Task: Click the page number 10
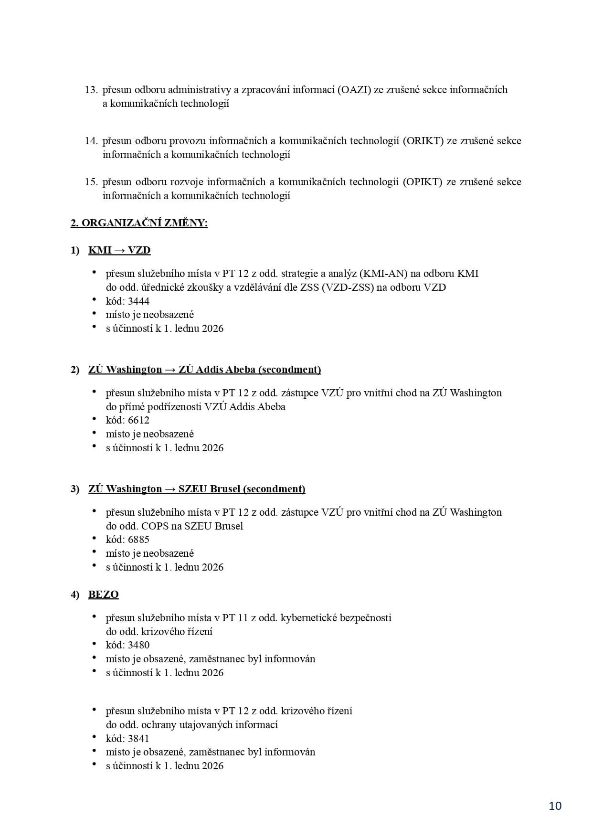pyautogui.click(x=555, y=806)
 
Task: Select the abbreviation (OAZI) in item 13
pyautogui.click(x=354, y=90)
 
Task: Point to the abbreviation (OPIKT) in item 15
pyautogui.click(x=423, y=182)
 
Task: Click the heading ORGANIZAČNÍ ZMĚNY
pyautogui.click(x=145, y=223)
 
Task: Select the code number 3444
pyautogui.click(x=138, y=301)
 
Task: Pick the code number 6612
pyautogui.click(x=138, y=420)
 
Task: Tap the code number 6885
pyautogui.click(x=138, y=540)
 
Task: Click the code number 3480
pyautogui.click(x=138, y=645)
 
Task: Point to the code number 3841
pyautogui.click(x=138, y=738)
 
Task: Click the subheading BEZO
pyautogui.click(x=103, y=594)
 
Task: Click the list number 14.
pyautogui.click(x=91, y=141)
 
